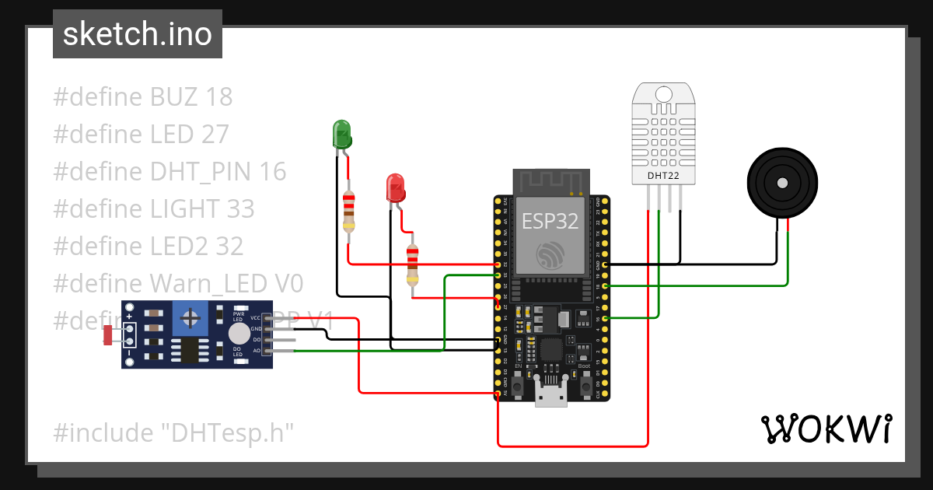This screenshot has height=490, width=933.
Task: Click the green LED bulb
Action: tap(341, 134)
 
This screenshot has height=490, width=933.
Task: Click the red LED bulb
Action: tap(396, 188)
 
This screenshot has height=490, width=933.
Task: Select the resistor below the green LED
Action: tap(349, 212)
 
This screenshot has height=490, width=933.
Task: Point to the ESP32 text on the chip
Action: tap(550, 221)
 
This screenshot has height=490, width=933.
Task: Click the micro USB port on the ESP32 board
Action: tap(551, 397)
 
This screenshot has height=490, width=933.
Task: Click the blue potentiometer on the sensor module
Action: tap(188, 318)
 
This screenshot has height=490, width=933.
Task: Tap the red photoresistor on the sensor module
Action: tap(108, 335)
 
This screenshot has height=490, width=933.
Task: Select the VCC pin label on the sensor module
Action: tap(255, 318)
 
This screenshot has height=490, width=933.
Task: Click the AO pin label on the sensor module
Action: tap(256, 351)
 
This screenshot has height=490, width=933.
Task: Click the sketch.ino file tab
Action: tap(138, 34)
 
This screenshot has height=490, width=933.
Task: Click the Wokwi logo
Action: tap(825, 429)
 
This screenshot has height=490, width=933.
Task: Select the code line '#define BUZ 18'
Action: tap(143, 97)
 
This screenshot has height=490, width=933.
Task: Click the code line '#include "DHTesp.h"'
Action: tap(173, 432)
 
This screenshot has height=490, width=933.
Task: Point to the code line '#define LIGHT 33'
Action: tap(154, 208)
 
